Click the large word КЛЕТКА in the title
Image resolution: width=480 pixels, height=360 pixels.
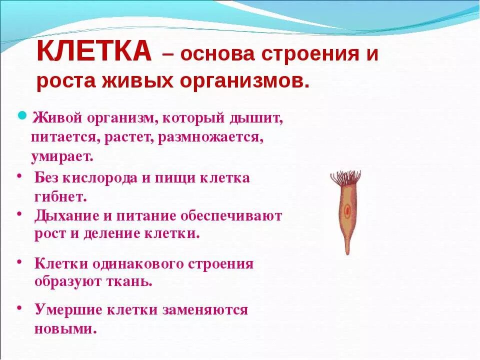tap(94, 52)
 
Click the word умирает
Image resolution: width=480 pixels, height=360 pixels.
tap(62, 155)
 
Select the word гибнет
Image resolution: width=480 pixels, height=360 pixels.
tap(61, 196)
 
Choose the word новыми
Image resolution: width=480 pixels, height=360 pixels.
tap(65, 329)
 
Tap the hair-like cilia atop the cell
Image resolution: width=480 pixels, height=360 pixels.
tap(345, 177)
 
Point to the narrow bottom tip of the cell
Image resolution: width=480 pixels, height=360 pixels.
tap(347, 250)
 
